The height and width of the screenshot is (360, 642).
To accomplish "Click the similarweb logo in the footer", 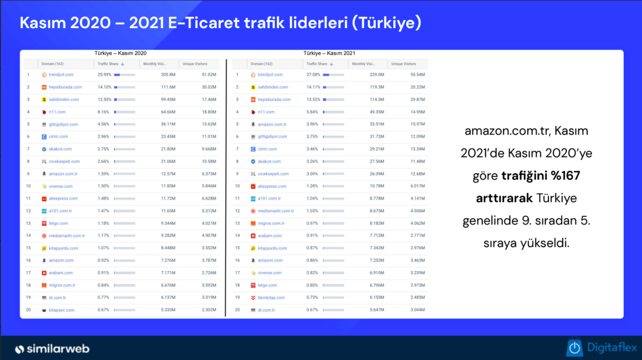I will click(52, 349).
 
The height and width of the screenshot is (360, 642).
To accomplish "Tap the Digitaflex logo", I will click(602, 348).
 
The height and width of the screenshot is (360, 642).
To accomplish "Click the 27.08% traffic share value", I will click(313, 75).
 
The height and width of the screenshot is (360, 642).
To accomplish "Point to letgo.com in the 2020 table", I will click(58, 224).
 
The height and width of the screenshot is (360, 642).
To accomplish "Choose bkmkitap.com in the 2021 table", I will click(271, 298).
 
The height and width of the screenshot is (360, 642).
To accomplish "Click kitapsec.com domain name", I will click(61, 310).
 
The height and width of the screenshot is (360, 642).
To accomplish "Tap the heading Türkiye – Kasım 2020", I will click(120, 54).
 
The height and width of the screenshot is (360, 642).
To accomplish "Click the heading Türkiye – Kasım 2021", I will click(329, 54).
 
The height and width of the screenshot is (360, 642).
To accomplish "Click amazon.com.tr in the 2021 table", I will click(272, 124).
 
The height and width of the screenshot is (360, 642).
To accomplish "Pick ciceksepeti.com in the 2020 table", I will click(64, 161).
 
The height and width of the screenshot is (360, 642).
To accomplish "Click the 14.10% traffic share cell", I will click(104, 87).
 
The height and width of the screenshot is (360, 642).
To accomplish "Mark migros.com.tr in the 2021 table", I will click(271, 224).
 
